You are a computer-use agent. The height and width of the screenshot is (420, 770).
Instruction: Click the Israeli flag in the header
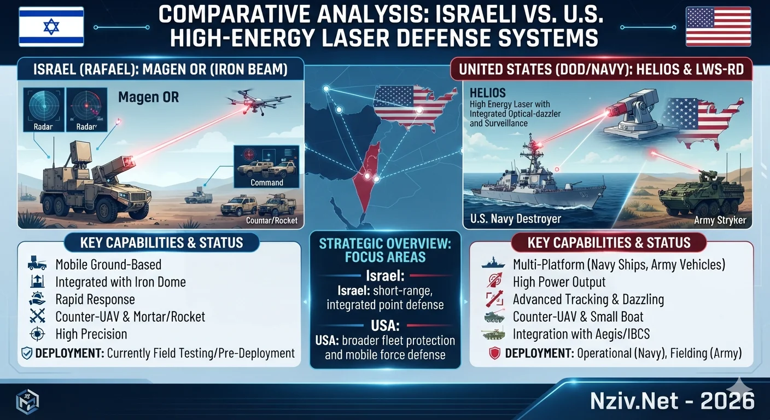51,27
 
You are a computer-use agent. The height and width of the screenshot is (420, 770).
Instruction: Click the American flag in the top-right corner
718,26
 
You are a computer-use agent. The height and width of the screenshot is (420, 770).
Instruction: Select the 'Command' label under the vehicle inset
267,183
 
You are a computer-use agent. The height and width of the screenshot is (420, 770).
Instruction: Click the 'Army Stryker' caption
720,220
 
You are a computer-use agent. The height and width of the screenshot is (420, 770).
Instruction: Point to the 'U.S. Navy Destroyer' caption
515,219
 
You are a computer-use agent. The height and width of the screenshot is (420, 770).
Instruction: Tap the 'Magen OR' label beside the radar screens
149,97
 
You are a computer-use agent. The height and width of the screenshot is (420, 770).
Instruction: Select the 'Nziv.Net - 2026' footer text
672,401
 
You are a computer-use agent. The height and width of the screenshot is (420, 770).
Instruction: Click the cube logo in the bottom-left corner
27,401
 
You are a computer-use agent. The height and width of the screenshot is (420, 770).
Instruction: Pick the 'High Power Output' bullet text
559,282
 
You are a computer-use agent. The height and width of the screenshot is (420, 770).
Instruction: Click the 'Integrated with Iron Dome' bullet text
120,282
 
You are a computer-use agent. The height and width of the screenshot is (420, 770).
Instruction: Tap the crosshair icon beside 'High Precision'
37,334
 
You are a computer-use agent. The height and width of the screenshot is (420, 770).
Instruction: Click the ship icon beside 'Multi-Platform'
493,263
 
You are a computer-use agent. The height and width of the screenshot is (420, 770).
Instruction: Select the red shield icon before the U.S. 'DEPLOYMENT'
495,353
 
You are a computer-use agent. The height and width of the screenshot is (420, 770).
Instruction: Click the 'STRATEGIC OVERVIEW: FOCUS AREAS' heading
385,250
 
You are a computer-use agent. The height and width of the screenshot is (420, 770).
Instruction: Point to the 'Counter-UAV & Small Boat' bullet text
578,317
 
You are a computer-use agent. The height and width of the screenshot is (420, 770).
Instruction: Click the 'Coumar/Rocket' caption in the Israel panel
272,220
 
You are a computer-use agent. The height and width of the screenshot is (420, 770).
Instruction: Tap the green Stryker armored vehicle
701,196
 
